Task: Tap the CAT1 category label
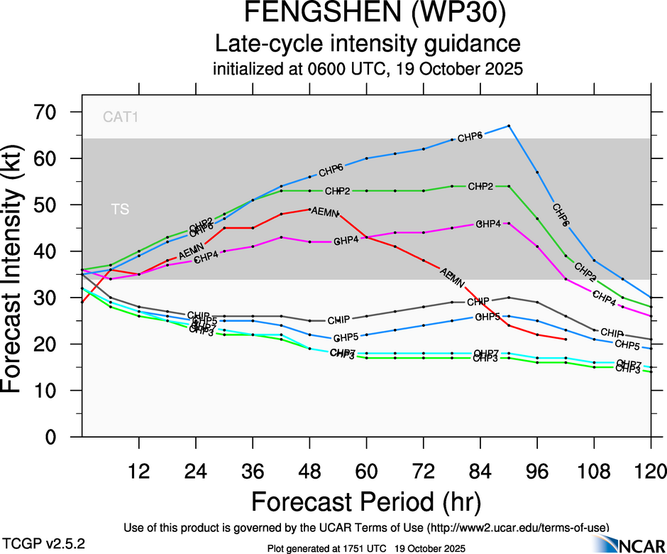(x=120, y=117)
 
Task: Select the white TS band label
(x=120, y=210)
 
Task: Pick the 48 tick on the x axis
(x=309, y=470)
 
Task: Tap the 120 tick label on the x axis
(x=651, y=470)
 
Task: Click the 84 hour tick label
(x=480, y=470)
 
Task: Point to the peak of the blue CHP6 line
(x=509, y=126)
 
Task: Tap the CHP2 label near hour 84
(x=480, y=187)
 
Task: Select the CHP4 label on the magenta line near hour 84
(x=488, y=224)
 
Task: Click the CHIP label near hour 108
(x=612, y=332)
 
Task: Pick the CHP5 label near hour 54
(x=346, y=337)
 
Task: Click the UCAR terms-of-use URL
(x=517, y=527)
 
